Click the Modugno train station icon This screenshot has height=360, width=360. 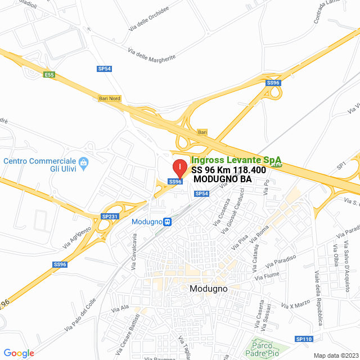pos(168,222)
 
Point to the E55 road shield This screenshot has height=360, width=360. pos(50,75)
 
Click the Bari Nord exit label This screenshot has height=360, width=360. pos(110,98)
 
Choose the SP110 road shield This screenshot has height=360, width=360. pos(303,339)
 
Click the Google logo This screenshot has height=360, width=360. pos(19,353)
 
